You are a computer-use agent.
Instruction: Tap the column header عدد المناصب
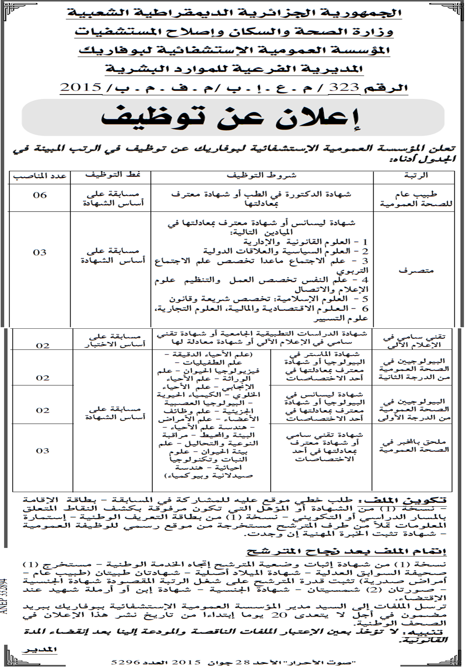[x=40, y=176]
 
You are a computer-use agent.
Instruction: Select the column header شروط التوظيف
[x=262, y=175]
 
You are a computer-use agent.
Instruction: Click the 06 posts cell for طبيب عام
[x=40, y=195]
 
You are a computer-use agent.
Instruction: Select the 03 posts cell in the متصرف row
[x=40, y=252]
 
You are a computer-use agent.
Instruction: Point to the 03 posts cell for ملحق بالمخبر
[x=43, y=451]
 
